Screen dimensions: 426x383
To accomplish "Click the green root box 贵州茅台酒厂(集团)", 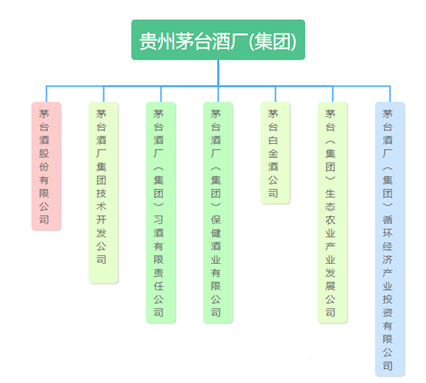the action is click(218, 40).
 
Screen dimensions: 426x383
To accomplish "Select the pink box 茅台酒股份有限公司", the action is click(46, 166).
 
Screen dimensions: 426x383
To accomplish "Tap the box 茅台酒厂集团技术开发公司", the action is click(104, 192).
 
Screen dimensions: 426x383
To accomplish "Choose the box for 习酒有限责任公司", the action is click(161, 213).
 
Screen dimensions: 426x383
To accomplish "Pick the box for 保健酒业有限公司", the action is click(218, 213).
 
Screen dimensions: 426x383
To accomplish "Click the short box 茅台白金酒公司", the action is click(275, 153).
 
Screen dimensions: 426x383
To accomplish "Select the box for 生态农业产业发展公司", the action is click(332, 213).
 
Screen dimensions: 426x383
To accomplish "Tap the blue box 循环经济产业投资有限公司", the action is click(390, 239).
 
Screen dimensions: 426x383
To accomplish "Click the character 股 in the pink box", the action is click(44, 153).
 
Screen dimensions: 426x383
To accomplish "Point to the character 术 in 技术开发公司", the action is click(101, 206).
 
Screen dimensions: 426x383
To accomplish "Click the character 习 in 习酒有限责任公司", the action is click(158, 220).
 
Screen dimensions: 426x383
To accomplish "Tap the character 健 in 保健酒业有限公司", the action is click(216, 233).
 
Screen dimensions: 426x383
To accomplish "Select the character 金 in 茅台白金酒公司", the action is click(273, 153).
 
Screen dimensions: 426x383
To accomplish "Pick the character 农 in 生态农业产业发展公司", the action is click(331, 220).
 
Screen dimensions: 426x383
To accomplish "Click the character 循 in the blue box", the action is click(388, 220).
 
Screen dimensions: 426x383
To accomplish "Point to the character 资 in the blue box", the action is click(388, 312).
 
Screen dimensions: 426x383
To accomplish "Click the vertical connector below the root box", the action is click(218, 72).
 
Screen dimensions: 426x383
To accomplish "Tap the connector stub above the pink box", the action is click(46, 94).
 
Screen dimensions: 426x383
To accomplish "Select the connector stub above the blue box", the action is click(390, 94).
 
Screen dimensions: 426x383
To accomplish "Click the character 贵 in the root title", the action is click(148, 42).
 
